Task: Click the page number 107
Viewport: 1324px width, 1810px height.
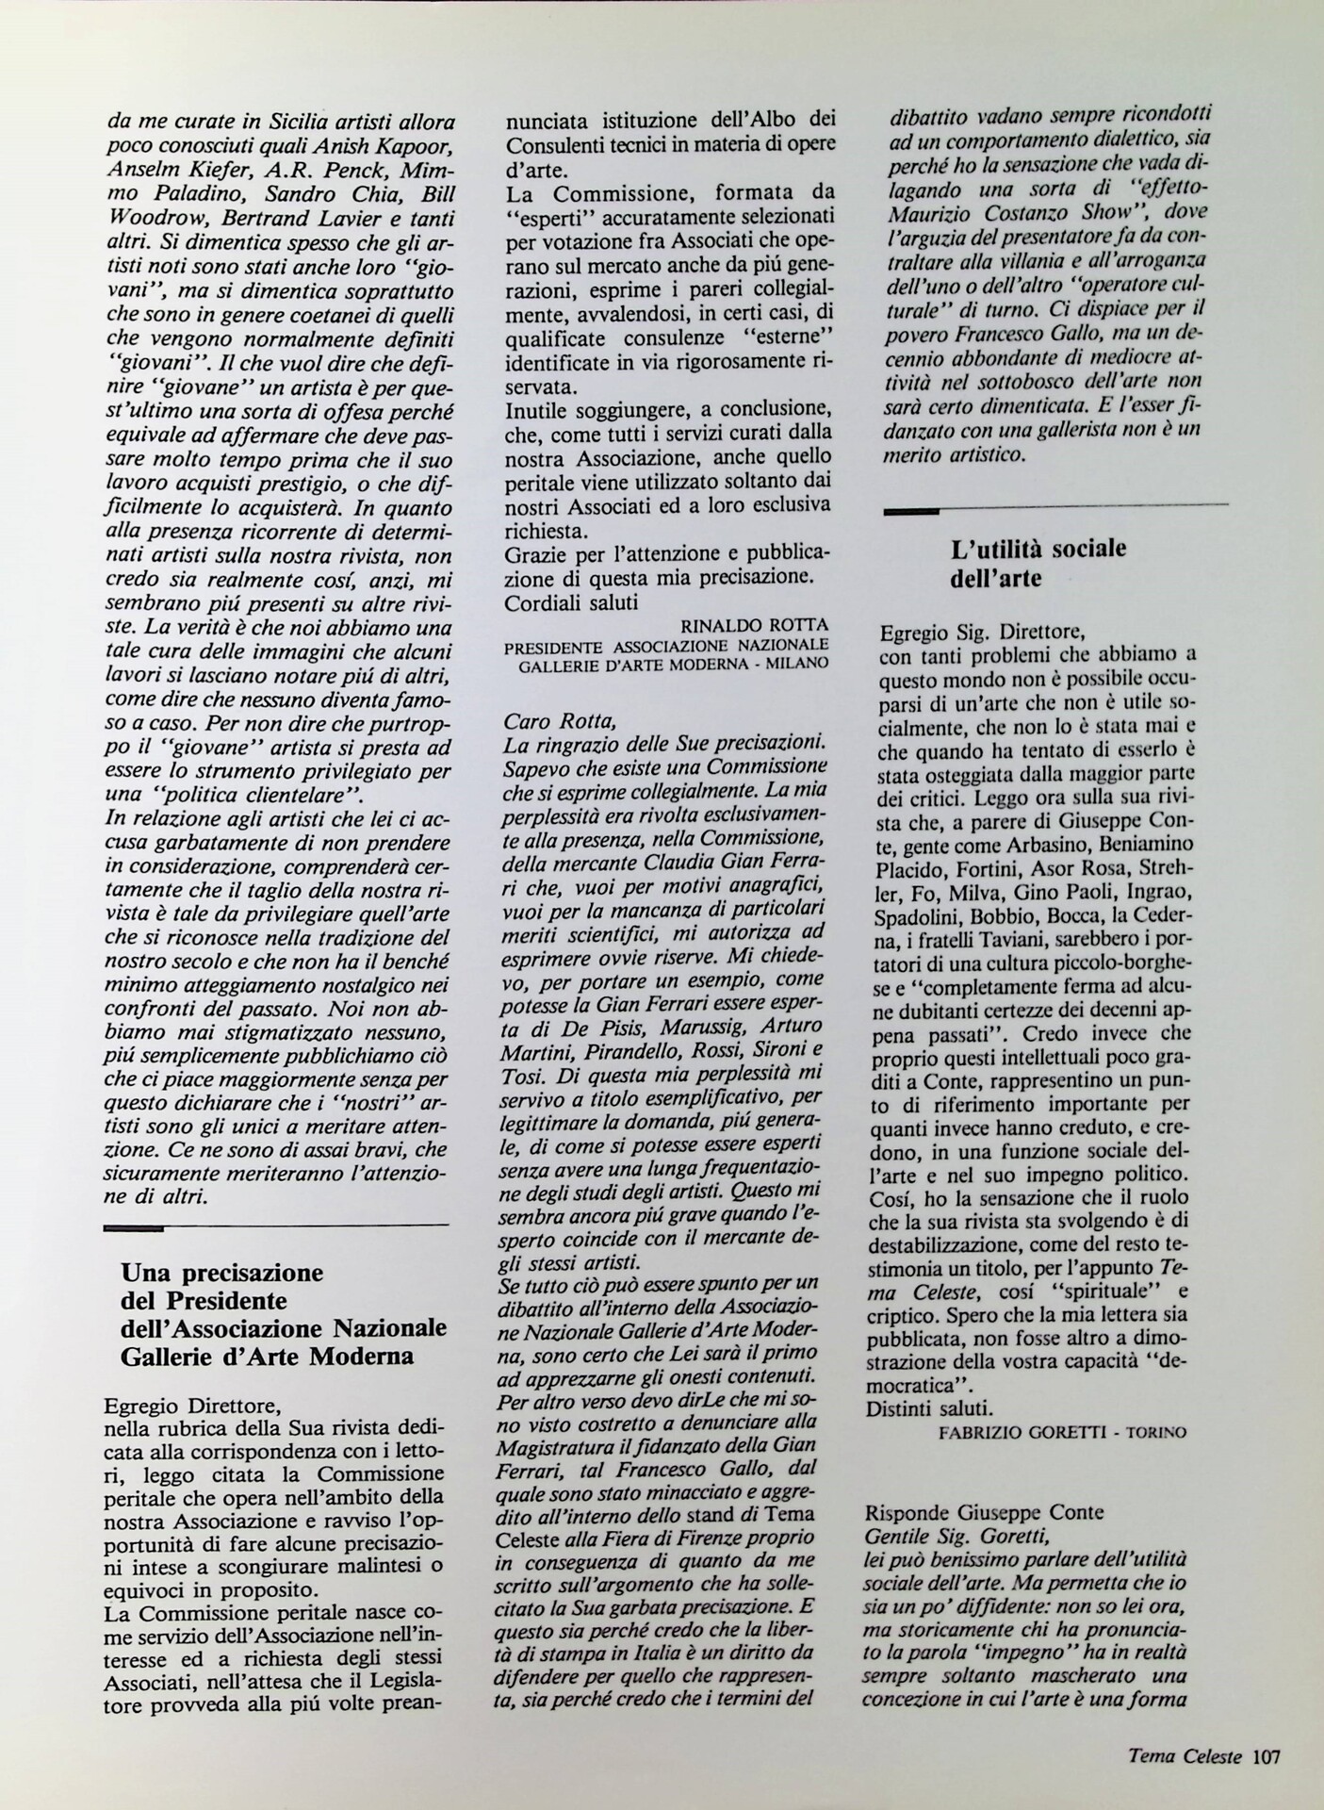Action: coord(1265,1756)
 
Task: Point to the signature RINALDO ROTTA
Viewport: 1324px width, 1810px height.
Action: coord(753,625)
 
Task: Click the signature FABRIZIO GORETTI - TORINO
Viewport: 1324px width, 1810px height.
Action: coord(1062,1432)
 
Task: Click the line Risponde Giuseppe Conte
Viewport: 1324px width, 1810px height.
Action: coord(971,1513)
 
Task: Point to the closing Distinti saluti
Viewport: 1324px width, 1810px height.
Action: coord(927,1408)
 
